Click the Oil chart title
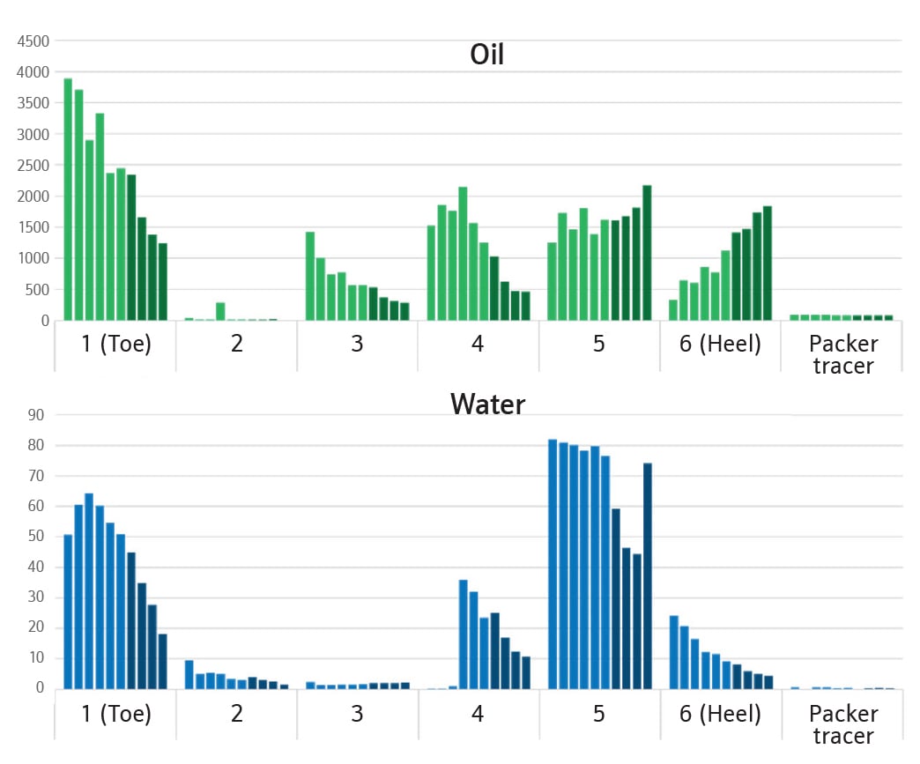click(486, 55)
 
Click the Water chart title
click(487, 404)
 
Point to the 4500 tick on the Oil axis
click(33, 41)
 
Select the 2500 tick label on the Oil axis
click(33, 166)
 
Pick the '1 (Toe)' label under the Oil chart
click(115, 344)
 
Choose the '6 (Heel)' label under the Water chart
click(720, 713)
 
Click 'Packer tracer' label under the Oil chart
click(842, 353)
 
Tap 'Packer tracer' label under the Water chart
click(842, 723)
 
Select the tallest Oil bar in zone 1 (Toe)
click(68, 199)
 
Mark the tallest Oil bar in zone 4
click(463, 254)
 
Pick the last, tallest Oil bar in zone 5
click(647, 253)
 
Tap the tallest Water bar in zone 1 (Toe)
click(89, 590)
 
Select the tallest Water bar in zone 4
click(463, 634)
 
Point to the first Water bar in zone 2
click(189, 674)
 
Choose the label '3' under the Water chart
click(357, 713)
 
